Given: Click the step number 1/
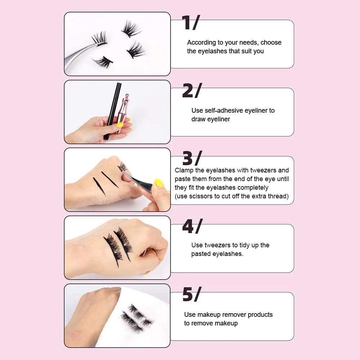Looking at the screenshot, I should click(190, 23).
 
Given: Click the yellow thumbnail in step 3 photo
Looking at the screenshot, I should click(159, 183).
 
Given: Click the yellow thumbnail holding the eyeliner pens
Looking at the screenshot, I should click(120, 125).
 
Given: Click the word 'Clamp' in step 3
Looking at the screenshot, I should click(185, 170).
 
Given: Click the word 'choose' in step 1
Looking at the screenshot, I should click(271, 42).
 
